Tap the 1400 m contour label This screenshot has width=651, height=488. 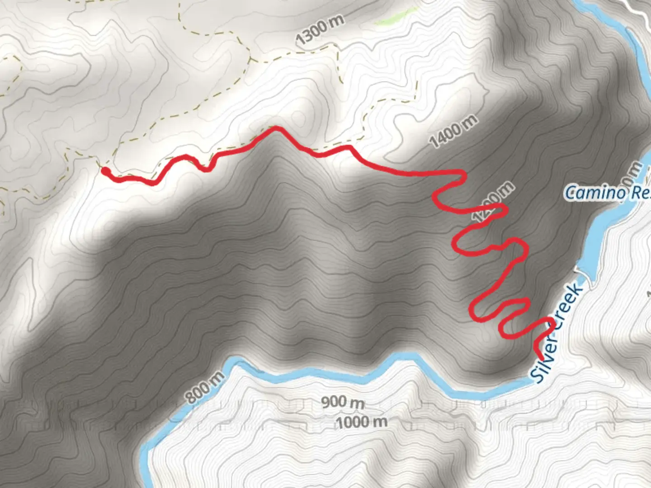pos(453,131)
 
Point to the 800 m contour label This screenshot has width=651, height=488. pos(205,387)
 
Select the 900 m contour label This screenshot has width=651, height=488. pos(343,402)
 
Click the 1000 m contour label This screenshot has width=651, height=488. pos(362,422)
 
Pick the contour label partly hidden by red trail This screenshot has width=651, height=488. pos(493,202)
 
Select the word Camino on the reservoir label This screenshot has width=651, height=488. pos(595,193)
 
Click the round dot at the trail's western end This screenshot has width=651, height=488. pos(105,171)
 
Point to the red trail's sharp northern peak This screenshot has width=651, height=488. pos(274,129)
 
